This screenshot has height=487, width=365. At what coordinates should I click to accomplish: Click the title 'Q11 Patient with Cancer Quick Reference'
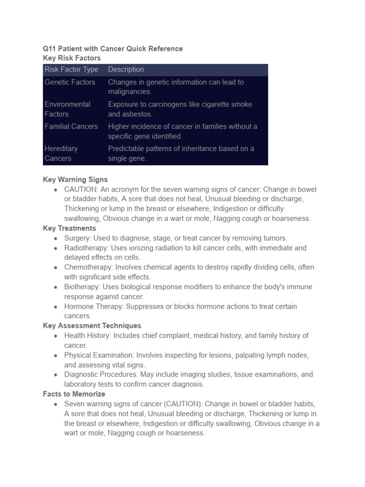[x=113, y=49]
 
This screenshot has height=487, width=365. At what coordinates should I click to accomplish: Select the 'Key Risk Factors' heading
[x=72, y=58]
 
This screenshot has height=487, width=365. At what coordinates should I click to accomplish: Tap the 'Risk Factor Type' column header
[x=71, y=69]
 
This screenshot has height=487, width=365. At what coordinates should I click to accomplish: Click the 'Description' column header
[x=126, y=69]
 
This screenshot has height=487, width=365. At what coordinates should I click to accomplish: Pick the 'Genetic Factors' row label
[x=70, y=82]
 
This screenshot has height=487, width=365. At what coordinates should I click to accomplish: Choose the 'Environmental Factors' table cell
[x=67, y=109]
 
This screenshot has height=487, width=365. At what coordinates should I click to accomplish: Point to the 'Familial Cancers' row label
[x=71, y=127]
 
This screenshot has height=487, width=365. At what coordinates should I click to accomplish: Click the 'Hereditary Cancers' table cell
[x=61, y=153]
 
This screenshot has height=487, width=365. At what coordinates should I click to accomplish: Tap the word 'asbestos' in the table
[x=137, y=114]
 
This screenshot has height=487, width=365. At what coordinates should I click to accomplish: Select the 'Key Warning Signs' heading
[x=75, y=180]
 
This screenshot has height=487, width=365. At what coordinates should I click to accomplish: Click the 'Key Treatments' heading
[x=69, y=228]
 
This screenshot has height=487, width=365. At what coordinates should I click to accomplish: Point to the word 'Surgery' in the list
[x=77, y=238]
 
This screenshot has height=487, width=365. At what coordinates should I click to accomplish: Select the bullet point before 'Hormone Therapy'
[x=56, y=307]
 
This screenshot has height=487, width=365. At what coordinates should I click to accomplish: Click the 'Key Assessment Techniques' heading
[x=92, y=326]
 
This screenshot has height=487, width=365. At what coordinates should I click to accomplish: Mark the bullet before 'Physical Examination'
[x=56, y=356]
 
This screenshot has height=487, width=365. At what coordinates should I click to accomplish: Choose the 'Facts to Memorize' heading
[x=74, y=394]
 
